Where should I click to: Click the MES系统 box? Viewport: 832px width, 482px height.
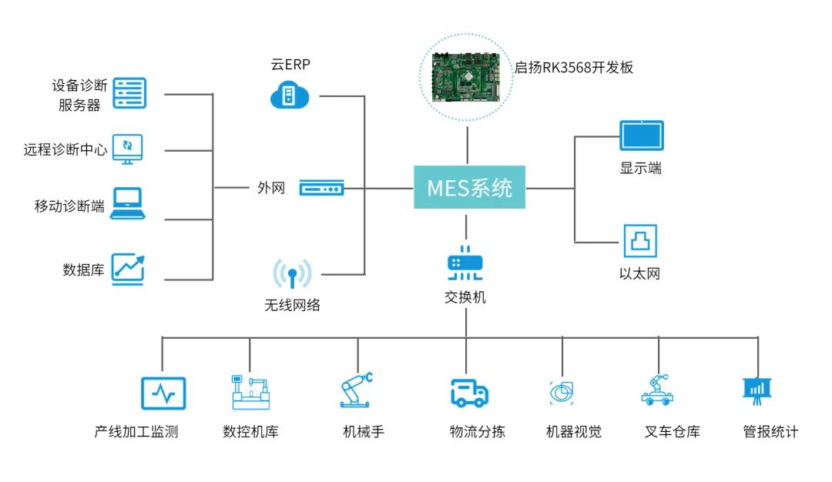(x=469, y=187)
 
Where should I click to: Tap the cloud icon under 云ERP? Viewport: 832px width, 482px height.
(x=290, y=95)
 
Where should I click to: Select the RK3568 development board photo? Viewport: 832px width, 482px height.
(x=466, y=77)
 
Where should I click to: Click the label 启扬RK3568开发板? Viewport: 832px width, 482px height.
(x=574, y=67)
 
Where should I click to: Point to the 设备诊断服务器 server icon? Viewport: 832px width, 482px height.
(x=129, y=93)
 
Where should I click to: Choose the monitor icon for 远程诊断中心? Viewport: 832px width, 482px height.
(x=127, y=149)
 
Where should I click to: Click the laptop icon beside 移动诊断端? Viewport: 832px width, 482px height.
(x=127, y=203)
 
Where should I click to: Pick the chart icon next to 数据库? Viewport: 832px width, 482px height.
(x=128, y=269)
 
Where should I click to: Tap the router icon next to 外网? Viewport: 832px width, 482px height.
(x=321, y=188)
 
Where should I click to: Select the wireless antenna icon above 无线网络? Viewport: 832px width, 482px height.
(x=292, y=273)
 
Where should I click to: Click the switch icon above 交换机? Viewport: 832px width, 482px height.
(x=465, y=263)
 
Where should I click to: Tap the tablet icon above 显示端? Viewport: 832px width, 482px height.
(x=642, y=136)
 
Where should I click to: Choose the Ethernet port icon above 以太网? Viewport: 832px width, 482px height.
(x=640, y=241)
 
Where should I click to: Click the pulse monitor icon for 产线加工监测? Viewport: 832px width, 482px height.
(x=163, y=393)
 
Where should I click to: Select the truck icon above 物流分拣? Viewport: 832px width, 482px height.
(x=469, y=393)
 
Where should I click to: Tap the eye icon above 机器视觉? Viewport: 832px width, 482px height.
(x=562, y=393)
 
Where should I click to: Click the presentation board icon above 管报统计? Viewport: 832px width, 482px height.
(x=757, y=390)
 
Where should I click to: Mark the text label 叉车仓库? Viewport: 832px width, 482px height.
(x=672, y=432)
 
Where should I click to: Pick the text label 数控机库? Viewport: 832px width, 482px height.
(x=250, y=432)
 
